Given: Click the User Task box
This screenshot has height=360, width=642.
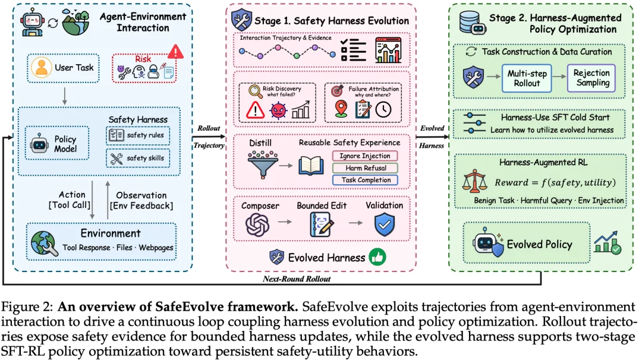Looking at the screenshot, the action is pos(64,68).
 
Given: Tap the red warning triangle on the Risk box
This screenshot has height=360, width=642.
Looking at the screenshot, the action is pos(175,52).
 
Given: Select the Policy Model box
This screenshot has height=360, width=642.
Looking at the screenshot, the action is pos(57,143).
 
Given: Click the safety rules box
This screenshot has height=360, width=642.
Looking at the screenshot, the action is pos(138,135).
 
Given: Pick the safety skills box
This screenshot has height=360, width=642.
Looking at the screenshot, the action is pos(138,159).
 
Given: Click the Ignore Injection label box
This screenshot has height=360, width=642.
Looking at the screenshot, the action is pos(365,156).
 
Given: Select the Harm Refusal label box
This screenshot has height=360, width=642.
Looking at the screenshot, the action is pos(365,168).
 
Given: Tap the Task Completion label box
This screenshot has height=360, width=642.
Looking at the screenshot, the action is pos(365,180).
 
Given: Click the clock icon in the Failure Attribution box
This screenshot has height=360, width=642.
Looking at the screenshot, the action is pos(383,110).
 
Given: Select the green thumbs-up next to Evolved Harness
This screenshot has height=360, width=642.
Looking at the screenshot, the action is pos(377,257).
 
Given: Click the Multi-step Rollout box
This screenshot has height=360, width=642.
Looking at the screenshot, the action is pos(527,78).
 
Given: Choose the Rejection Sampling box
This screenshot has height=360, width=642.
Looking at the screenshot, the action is pos(591,78).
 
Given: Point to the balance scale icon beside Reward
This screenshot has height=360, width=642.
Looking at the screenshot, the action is pos(474,181).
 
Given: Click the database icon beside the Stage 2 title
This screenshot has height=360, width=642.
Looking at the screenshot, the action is pos(472,23).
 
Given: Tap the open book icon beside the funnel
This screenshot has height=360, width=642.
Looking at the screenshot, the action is pos(311,166).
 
